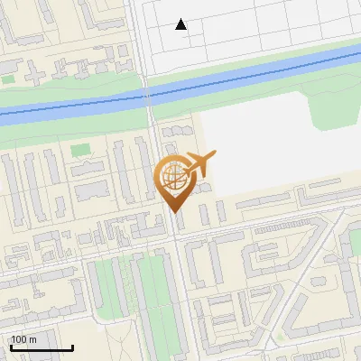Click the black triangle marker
coord(181,24)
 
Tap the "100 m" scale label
coord(23,339)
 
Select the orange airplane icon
coord(199,164)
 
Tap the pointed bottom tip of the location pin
coord(172,211)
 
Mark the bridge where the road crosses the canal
coord(149,94)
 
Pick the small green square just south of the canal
coord(81,150)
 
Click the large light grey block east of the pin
coord(262,153)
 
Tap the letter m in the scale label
coord(32,339)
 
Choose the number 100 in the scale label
coord(19,339)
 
